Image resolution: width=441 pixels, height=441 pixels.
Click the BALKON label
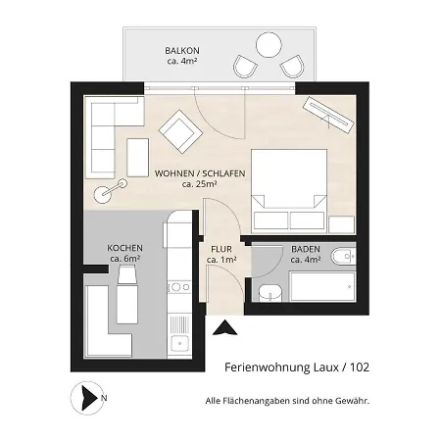[x=182, y=51]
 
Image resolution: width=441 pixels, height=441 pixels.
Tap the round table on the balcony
[x=269, y=45]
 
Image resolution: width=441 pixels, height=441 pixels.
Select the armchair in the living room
[x=180, y=131]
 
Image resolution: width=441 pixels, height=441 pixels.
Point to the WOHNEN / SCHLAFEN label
[x=200, y=173]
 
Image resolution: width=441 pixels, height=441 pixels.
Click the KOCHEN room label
[x=124, y=248]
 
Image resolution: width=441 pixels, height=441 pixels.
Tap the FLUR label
[x=221, y=249]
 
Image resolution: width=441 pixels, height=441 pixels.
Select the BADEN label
[x=306, y=249]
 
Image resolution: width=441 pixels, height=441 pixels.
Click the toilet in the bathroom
[x=343, y=257]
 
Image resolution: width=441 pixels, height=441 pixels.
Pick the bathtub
[x=322, y=286]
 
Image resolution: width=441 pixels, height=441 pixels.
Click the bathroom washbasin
[x=270, y=293]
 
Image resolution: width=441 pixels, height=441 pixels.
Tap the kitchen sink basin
[x=179, y=344]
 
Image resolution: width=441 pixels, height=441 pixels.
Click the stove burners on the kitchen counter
[x=178, y=287]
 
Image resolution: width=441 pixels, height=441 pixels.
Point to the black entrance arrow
[x=224, y=328]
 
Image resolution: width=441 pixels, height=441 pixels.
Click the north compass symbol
[x=87, y=398]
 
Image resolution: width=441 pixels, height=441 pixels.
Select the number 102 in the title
[x=360, y=367]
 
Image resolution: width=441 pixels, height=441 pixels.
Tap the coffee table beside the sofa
[x=137, y=158]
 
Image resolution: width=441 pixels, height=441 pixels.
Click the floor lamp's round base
[x=103, y=195]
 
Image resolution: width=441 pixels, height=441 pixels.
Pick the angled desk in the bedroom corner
[x=328, y=115]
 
